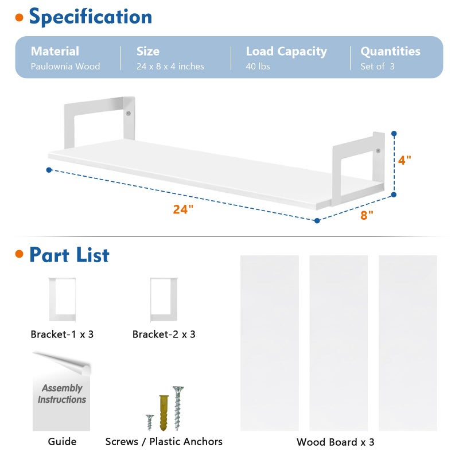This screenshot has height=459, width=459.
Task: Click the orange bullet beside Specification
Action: pyautogui.click(x=20, y=18)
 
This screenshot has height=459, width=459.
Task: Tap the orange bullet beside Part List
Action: pyautogui.click(x=20, y=254)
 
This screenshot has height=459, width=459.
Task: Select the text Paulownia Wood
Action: pyautogui.click(x=65, y=67)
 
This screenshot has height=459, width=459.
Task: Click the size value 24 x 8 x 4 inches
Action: pyautogui.click(x=170, y=67)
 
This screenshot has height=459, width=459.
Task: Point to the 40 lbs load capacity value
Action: pyautogui.click(x=258, y=67)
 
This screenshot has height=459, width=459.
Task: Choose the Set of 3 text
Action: pyautogui.click(x=378, y=67)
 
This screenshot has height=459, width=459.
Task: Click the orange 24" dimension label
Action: pyautogui.click(x=183, y=209)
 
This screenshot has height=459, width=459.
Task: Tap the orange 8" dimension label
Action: pyautogui.click(x=367, y=215)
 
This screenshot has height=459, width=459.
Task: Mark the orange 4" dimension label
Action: pyautogui.click(x=404, y=160)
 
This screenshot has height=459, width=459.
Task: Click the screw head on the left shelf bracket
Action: pyautogui.click(x=128, y=113)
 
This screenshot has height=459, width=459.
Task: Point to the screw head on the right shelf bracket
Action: pyautogui.click(x=378, y=151)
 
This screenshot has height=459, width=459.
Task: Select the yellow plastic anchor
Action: pyautogui.click(x=164, y=413)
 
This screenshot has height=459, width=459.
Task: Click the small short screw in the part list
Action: pyautogui.click(x=150, y=422)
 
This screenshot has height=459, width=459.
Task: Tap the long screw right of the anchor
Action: pyautogui.click(x=178, y=408)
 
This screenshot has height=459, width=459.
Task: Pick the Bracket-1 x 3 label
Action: pyautogui.click(x=62, y=334)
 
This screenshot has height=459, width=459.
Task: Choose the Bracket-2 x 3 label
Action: pyautogui.click(x=164, y=334)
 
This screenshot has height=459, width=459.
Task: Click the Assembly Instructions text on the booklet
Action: pyautogui.click(x=62, y=394)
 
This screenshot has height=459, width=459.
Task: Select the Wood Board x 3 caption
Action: pyautogui.click(x=336, y=442)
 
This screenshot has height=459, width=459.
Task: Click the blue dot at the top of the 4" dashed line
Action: pyautogui.click(x=394, y=134)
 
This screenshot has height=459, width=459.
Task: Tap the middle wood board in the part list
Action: pyautogui.click(x=339, y=343)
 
